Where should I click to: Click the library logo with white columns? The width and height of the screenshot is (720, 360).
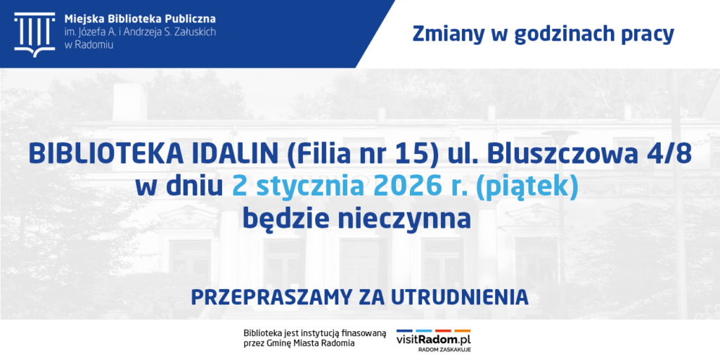(x=34, y=34)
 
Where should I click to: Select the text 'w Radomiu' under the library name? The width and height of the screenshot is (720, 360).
(x=89, y=44)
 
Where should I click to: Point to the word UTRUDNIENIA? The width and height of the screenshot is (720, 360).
(x=460, y=297)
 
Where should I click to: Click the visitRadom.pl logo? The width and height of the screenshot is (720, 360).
(x=434, y=340)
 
